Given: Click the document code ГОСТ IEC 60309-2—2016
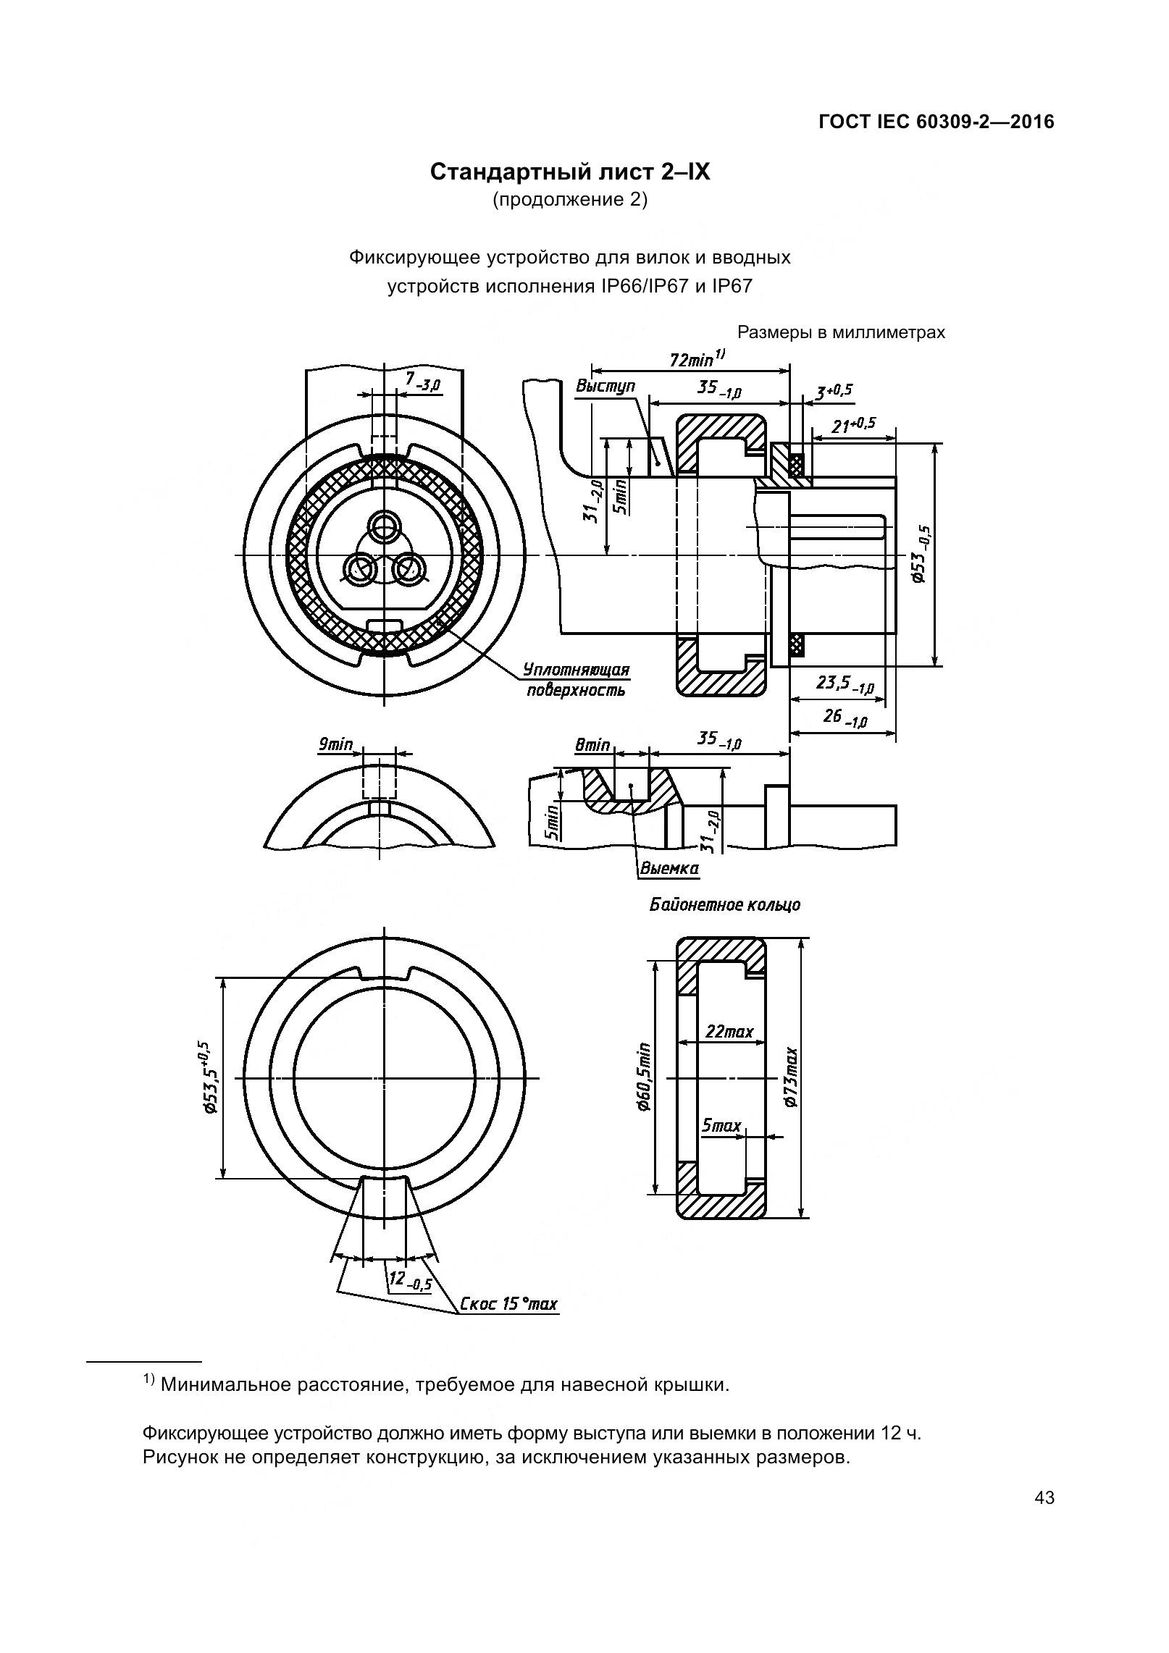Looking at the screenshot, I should [x=936, y=122].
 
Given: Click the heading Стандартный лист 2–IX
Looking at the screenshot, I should [x=570, y=172].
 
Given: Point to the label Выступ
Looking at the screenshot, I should [x=605, y=386].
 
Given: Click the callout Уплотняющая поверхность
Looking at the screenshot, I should [x=576, y=680].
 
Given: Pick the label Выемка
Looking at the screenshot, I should [x=669, y=868].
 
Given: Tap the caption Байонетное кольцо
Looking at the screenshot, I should [x=724, y=905].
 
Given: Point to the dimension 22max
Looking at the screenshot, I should [x=729, y=1031].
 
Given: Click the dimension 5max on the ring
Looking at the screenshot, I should [x=721, y=1125].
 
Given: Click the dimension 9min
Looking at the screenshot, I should [x=335, y=744].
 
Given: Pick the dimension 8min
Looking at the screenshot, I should [x=592, y=744].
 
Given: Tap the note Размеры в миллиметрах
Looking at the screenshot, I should [x=841, y=332].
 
